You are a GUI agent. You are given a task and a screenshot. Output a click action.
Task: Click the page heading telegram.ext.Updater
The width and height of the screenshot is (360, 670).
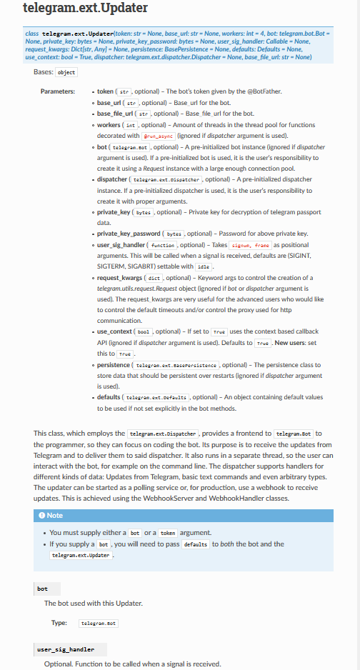point(85,9)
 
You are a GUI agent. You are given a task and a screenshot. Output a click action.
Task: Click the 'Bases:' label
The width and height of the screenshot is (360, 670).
point(44,72)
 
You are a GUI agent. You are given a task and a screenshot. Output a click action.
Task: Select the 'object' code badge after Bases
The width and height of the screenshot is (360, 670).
point(67,73)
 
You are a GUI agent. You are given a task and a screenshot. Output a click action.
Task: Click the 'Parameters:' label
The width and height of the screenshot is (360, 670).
point(58,91)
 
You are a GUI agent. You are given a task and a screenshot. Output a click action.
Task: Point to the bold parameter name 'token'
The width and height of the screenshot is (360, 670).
point(105,92)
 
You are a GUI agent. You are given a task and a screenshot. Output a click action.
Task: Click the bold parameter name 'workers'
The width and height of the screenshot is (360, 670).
point(109,124)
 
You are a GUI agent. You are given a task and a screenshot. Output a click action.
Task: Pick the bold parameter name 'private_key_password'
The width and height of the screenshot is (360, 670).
point(130,233)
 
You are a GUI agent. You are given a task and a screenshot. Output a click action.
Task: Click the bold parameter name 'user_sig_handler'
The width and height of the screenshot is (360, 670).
point(121,244)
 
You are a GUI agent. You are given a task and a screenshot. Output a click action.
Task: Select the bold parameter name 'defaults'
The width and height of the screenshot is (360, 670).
point(109,396)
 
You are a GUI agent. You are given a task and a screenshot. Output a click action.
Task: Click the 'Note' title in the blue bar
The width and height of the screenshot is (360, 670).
point(55,515)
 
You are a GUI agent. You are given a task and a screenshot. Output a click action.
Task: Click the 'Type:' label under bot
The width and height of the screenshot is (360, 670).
point(59,623)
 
